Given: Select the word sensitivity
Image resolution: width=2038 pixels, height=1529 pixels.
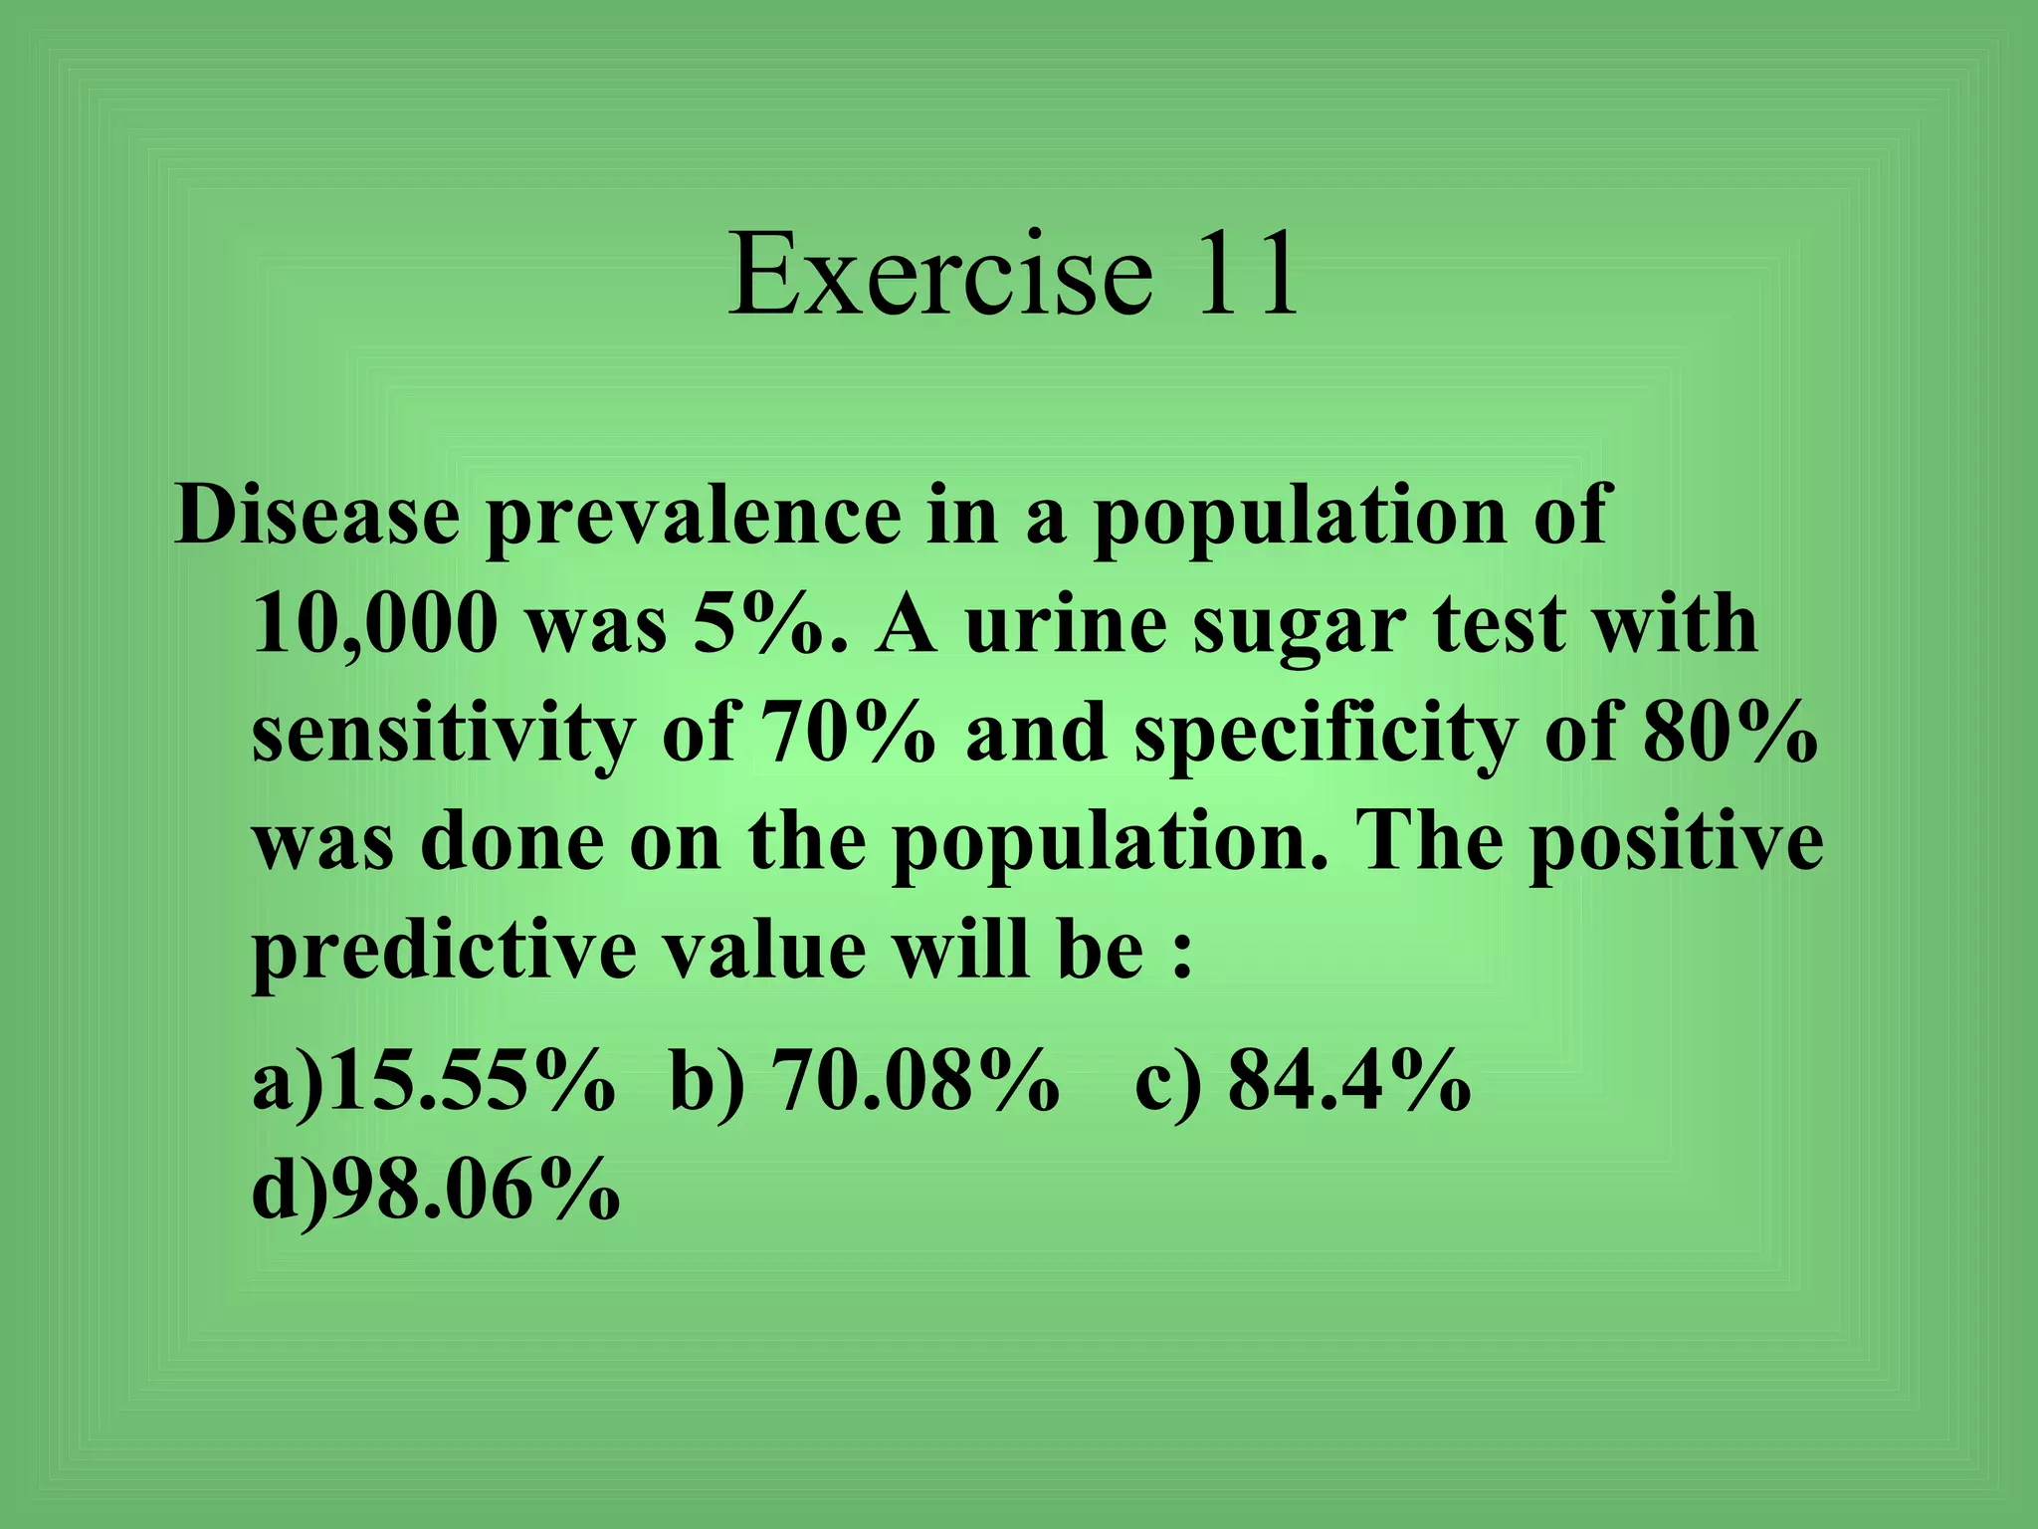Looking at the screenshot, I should click(442, 736).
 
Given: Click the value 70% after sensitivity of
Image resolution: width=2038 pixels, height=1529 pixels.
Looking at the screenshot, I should click(848, 734).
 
